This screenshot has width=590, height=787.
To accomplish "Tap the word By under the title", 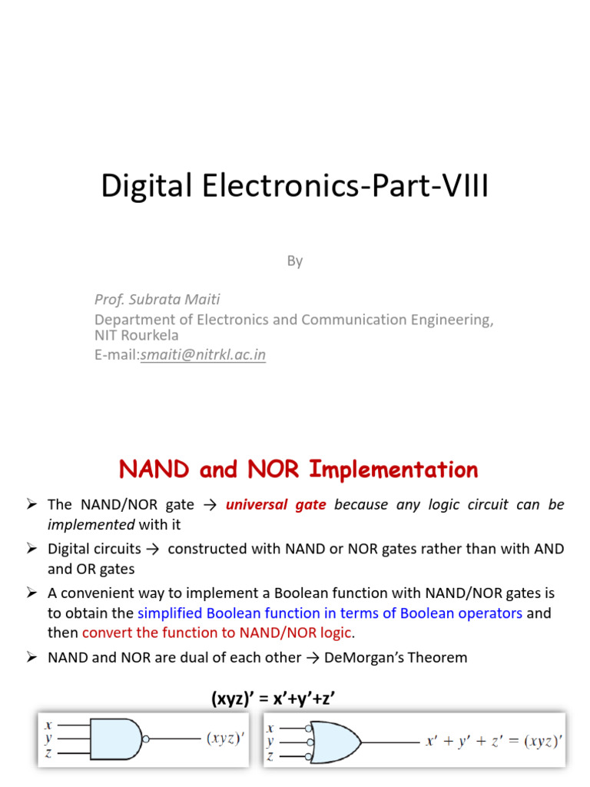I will (x=295, y=261).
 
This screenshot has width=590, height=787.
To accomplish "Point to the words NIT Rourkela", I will (x=137, y=336).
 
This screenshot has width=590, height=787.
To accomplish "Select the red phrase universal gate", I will (x=276, y=505).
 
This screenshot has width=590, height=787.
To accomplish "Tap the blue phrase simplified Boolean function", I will (x=224, y=613).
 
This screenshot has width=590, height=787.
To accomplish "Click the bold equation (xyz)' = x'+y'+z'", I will (x=274, y=699).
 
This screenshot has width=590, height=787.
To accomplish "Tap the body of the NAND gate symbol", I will (x=114, y=739).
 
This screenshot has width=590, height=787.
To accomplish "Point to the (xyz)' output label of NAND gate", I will (x=226, y=739).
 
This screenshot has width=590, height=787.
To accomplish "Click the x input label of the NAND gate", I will (x=48, y=726).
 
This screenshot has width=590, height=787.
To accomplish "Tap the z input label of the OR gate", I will (x=270, y=756).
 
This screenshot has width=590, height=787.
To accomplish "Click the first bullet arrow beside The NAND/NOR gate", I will (x=31, y=505).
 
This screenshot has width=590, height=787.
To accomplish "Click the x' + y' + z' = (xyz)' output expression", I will (x=494, y=742).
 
